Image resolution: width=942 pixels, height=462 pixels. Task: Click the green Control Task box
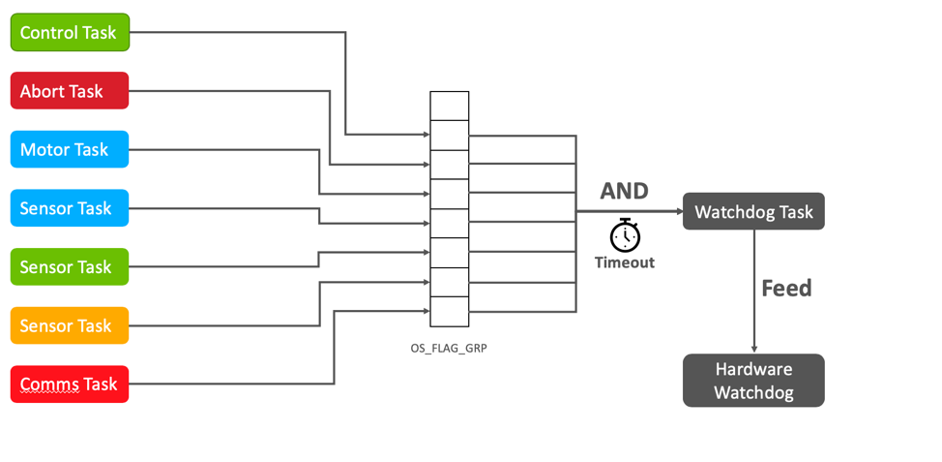[x=69, y=33]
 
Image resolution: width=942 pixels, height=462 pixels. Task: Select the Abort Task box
[x=69, y=91]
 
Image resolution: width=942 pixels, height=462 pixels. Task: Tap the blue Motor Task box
[x=69, y=150]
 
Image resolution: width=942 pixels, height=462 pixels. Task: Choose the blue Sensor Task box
[x=69, y=208]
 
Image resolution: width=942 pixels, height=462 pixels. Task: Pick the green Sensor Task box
[x=69, y=267]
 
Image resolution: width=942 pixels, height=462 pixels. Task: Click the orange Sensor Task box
[x=69, y=325]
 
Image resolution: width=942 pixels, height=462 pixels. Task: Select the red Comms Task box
[x=69, y=385]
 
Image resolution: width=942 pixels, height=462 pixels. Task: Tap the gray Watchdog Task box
[x=753, y=211]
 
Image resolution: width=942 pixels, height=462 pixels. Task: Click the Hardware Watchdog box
[x=753, y=381]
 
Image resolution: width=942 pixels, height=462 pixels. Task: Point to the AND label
[x=624, y=191]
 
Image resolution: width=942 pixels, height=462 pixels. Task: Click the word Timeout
[x=624, y=262]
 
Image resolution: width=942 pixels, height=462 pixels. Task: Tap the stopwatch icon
[x=625, y=235]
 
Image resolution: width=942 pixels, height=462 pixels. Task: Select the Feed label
[x=785, y=288]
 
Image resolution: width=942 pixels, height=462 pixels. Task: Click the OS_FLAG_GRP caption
[x=449, y=347]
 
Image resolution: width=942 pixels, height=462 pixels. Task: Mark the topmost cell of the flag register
[x=449, y=106]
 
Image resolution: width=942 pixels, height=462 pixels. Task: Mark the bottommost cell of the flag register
[x=449, y=312]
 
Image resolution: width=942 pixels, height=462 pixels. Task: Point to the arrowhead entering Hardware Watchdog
[x=753, y=349]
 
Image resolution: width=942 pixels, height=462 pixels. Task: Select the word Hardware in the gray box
[x=753, y=369]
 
